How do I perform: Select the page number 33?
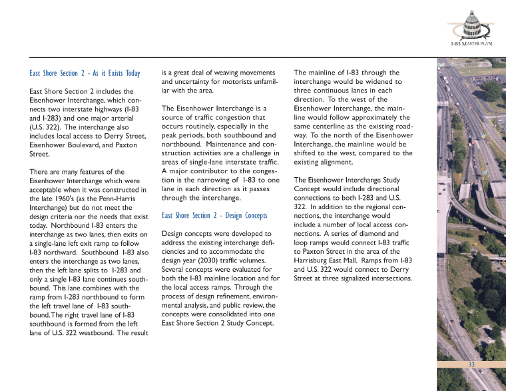(x=471, y=364)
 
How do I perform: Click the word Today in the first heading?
(x=132, y=73)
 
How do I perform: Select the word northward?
(x=50, y=252)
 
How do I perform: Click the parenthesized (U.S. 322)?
(x=46, y=127)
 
